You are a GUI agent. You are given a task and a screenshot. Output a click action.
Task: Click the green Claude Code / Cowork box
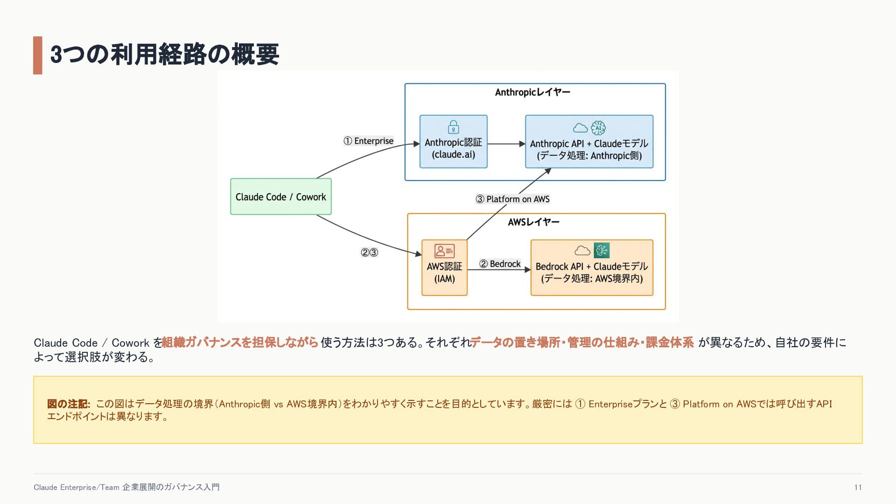281,196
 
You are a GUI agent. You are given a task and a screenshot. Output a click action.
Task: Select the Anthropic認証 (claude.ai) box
453,141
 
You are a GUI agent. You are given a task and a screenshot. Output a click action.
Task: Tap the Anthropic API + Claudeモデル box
589,141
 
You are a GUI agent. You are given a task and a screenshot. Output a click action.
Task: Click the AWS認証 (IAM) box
444,267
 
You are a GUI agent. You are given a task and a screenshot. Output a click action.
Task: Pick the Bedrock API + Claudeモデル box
592,267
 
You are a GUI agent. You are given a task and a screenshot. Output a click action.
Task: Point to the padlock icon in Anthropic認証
453,127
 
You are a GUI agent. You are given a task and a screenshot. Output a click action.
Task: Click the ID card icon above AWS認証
444,251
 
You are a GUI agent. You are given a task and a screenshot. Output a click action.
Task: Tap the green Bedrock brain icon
602,251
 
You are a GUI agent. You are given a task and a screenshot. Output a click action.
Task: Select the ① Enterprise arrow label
369,141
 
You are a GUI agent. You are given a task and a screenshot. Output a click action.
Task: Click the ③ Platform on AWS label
512,199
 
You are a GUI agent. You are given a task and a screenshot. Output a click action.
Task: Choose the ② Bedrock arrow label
500,264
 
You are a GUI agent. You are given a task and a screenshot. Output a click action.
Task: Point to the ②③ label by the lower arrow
369,252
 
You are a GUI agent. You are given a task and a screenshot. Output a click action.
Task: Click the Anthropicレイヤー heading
532,92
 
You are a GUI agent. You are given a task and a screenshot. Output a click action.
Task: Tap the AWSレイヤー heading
533,222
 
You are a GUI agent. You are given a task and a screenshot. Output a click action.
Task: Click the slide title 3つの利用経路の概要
165,54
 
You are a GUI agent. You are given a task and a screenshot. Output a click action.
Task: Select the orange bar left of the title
38,55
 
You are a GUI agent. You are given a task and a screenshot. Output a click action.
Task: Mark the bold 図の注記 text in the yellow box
69,404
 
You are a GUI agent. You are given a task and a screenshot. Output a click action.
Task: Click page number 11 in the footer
858,487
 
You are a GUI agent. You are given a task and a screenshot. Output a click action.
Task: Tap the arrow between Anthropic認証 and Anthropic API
506,144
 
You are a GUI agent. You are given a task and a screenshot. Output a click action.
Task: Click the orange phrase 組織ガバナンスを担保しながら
240,343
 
